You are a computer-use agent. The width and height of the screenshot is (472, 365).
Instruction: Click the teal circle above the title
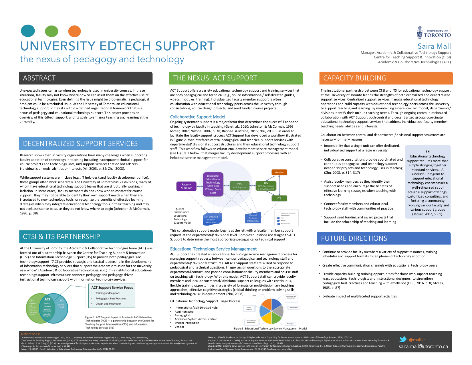pyautogui.click(x=28, y=31)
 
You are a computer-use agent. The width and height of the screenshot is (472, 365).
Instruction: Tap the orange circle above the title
pyautogui.click(x=74, y=31)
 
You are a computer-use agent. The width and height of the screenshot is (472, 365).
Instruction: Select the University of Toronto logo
pyautogui.click(x=434, y=32)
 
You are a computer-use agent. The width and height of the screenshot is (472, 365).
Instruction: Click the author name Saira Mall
pyautogui.click(x=434, y=46)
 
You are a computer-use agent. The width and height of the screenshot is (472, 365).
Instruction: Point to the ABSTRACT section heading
pyautogui.click(x=39, y=78)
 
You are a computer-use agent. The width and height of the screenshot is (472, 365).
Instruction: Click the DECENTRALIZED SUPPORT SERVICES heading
pyautogui.click(x=80, y=144)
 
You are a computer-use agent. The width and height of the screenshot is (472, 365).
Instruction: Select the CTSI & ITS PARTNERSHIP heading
pyautogui.click(x=61, y=237)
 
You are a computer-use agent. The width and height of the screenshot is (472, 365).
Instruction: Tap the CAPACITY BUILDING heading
pyautogui.click(x=355, y=78)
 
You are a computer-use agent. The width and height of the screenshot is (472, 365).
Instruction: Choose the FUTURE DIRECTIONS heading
pyautogui.click(x=354, y=238)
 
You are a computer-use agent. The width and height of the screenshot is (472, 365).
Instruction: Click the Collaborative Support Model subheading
pyautogui.click(x=197, y=117)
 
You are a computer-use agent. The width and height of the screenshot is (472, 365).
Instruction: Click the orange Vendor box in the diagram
pyautogui.click(x=279, y=172)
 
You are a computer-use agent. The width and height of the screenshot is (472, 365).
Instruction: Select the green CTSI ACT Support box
pyautogui.click(x=239, y=186)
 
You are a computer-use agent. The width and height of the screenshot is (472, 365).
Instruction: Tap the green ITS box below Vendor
pyautogui.click(x=279, y=198)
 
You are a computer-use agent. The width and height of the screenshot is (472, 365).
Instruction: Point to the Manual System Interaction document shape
pyautogui.click(x=253, y=218)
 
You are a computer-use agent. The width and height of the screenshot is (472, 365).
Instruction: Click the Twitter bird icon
pyautogui.click(x=403, y=340)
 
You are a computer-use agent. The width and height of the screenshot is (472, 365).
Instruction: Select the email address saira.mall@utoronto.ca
pyautogui.click(x=423, y=346)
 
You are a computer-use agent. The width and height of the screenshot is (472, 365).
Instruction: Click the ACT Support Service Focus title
pyautogui.click(x=112, y=287)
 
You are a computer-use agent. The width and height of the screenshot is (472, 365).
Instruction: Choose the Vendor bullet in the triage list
pyautogui.click(x=179, y=327)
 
